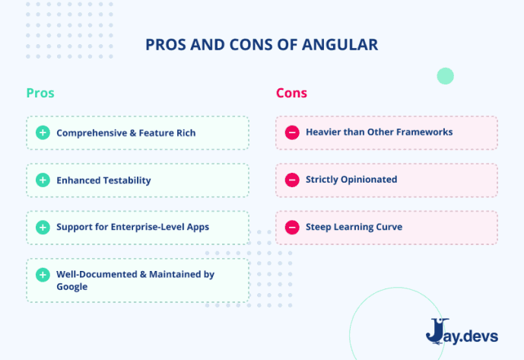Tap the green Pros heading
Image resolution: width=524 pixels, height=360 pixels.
tap(40, 93)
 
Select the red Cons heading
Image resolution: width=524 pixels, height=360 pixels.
tap(291, 93)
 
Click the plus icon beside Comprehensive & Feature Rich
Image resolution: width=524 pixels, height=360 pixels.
tap(43, 132)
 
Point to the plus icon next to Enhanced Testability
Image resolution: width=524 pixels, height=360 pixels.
tap(43, 180)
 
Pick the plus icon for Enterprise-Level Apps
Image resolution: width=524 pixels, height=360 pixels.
tap(43, 227)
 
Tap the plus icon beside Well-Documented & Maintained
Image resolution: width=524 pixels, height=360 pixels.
tap(43, 275)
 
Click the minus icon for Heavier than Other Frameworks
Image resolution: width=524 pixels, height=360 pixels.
tap(292, 132)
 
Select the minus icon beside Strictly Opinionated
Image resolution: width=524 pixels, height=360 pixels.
tap(292, 180)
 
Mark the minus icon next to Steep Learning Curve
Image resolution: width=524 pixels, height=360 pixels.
tap(292, 227)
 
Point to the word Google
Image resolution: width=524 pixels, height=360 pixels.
tap(72, 287)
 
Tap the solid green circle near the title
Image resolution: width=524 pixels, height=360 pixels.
tap(445, 75)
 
